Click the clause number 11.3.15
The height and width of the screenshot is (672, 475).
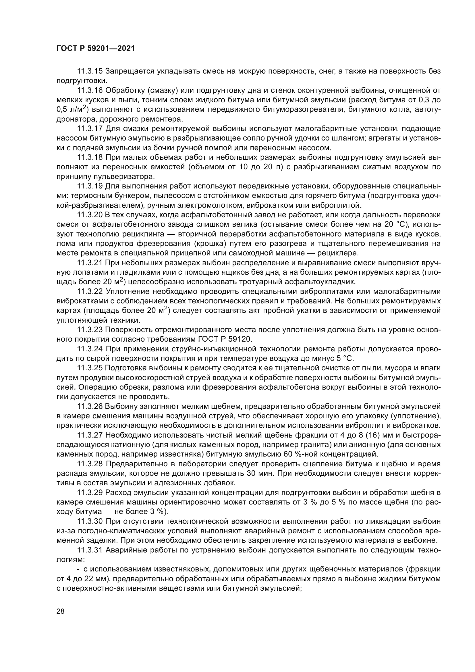90,71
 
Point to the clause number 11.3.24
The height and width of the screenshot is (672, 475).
90,349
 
